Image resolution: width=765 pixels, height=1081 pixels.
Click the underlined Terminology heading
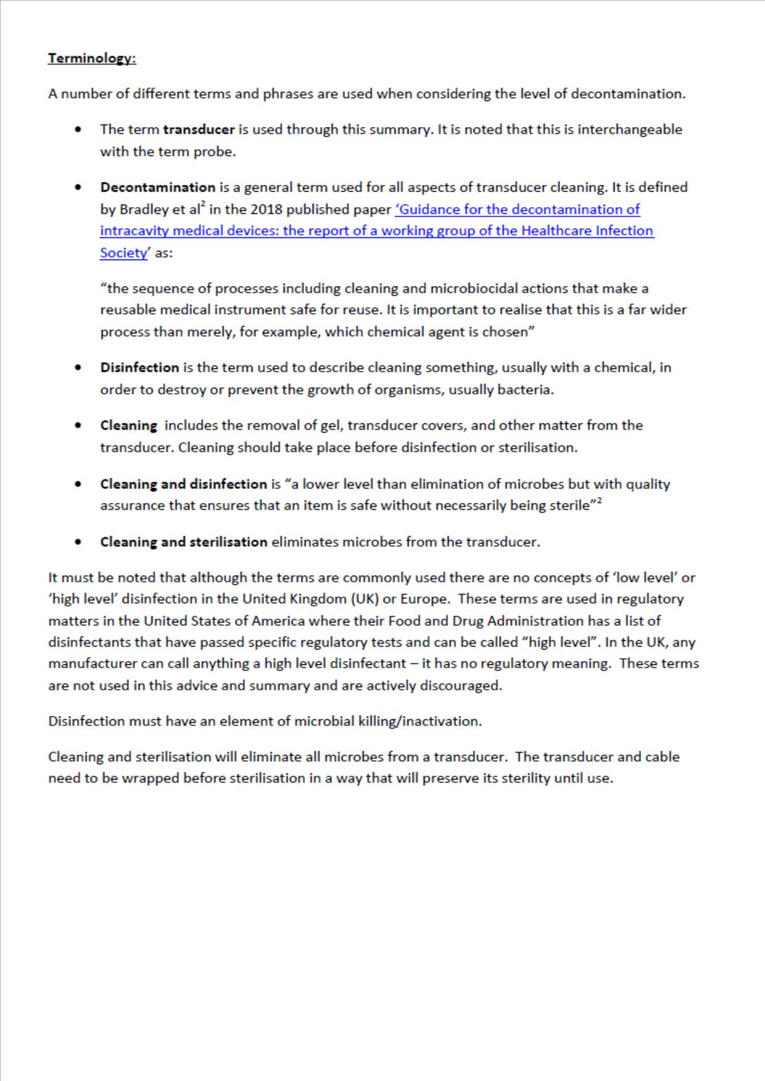(x=92, y=59)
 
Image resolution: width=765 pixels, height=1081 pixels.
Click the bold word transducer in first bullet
(x=199, y=129)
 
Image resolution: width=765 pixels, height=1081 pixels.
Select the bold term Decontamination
(x=158, y=187)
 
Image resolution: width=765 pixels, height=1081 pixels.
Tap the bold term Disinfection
(x=139, y=368)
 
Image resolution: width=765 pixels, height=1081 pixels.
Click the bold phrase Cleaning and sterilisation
(x=184, y=542)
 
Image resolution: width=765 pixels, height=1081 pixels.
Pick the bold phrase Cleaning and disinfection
(x=183, y=484)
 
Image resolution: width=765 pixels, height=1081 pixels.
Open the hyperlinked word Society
(x=123, y=253)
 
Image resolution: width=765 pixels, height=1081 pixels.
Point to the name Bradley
(x=144, y=210)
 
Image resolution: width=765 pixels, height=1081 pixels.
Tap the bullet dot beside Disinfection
(x=78, y=368)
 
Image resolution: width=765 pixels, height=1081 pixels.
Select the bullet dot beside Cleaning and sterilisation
(x=78, y=542)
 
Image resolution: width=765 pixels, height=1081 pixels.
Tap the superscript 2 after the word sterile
(x=599, y=502)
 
